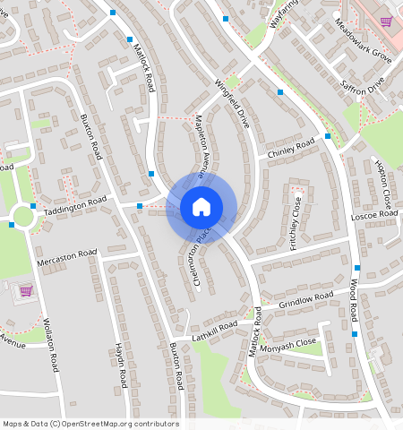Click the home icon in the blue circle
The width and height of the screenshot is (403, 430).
click(x=201, y=207)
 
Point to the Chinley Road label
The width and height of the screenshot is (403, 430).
click(x=291, y=149)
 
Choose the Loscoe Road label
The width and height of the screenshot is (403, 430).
click(x=374, y=215)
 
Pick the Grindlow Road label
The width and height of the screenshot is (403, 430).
click(x=305, y=300)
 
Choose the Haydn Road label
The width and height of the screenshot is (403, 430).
click(x=120, y=367)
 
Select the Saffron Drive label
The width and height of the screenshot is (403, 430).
click(x=362, y=87)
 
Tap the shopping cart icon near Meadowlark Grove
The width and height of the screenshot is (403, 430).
click(x=386, y=21)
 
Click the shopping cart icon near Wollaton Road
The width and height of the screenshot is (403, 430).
click(x=26, y=291)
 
